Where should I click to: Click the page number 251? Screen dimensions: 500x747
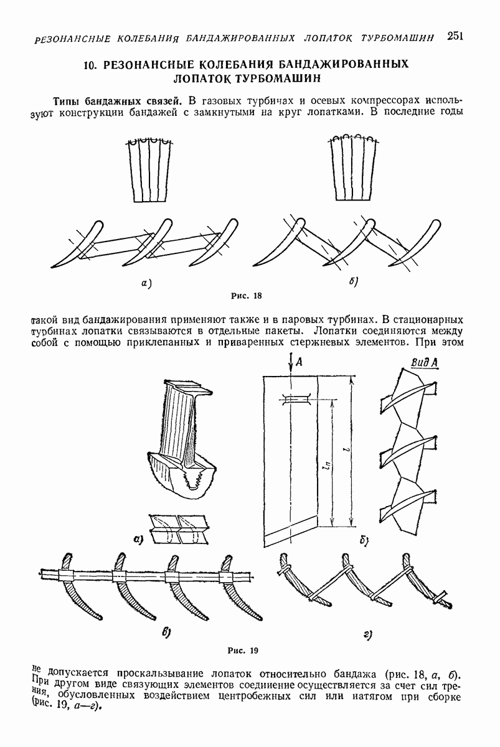click(455, 35)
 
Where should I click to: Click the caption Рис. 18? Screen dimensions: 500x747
click(247, 296)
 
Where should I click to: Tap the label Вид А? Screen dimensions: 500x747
click(424, 363)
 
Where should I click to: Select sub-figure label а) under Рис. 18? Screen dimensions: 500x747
click(146, 284)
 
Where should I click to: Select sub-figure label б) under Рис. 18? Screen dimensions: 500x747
click(354, 282)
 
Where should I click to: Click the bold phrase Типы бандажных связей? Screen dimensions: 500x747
click(119, 100)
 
